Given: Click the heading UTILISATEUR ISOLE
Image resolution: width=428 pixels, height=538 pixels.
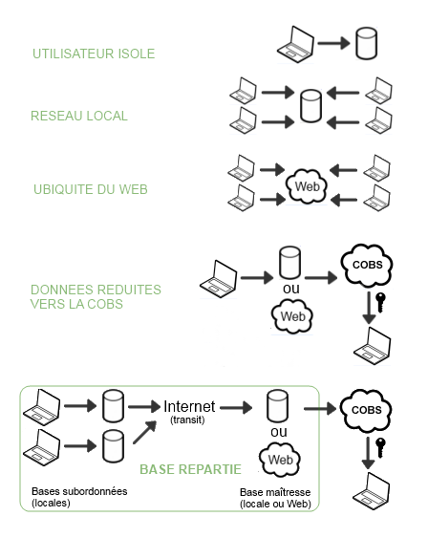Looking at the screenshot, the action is click(94, 54).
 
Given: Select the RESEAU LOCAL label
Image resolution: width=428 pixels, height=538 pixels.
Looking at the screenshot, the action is click(79, 116).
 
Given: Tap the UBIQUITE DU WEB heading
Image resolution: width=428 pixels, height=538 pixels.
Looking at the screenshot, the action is click(91, 189).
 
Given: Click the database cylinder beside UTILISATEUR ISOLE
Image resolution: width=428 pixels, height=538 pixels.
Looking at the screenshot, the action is click(366, 44).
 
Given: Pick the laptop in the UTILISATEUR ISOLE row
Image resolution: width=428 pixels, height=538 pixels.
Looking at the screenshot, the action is click(295, 45).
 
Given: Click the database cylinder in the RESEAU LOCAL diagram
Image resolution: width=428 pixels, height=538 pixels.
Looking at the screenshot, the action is click(310, 106).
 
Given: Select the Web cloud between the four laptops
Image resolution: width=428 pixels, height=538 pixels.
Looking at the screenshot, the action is click(307, 186).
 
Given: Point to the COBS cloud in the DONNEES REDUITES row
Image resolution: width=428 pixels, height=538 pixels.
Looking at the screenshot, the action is click(367, 266).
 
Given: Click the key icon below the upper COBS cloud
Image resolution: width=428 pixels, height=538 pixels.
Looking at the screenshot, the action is click(380, 302).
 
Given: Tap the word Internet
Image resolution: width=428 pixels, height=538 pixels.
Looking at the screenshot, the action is click(189, 406).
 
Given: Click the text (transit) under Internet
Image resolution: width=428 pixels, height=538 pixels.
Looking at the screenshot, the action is click(187, 420).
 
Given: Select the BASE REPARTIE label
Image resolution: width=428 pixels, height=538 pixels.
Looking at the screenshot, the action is click(191, 469).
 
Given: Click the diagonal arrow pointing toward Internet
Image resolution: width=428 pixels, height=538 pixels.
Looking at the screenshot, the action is click(144, 432).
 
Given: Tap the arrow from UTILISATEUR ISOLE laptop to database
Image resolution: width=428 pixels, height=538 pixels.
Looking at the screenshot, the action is click(333, 43).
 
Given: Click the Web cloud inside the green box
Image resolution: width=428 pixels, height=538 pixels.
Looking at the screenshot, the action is click(280, 460).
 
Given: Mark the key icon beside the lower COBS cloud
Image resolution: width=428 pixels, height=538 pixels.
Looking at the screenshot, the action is click(380, 447).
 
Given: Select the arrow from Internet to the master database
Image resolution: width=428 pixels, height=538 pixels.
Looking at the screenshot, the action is click(236, 408).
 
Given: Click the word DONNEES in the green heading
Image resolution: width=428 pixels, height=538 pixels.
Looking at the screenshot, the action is click(57, 290).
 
